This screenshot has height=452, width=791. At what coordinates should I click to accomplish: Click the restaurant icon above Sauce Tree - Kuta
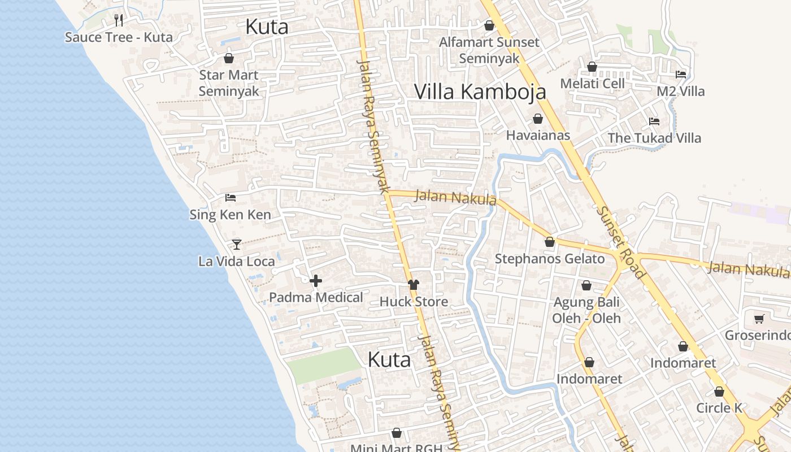pos(119,20)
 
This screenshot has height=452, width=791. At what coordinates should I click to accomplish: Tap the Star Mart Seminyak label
pos(229,83)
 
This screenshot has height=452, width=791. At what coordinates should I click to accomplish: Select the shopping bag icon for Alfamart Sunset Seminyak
pos(489,25)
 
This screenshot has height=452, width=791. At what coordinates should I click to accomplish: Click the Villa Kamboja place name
pos(480,92)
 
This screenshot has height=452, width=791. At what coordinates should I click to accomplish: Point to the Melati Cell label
pos(592,84)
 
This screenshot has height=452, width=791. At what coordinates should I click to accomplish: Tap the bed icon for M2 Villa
pos(681,75)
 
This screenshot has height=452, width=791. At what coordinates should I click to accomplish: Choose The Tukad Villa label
pos(654,138)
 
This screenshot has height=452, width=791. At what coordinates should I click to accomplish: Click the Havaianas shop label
pos(538,136)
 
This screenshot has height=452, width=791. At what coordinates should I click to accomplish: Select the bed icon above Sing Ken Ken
pos(231,198)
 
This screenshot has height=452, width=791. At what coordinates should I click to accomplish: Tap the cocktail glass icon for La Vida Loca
pos(237,244)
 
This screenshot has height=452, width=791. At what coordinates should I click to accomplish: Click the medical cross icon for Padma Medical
pos(316,281)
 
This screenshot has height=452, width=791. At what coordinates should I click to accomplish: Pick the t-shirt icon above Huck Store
pos(414,285)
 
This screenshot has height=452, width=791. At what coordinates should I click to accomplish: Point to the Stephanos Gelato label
pos(550,259)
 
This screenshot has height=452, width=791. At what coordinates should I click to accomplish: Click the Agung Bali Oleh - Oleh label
pos(586,310)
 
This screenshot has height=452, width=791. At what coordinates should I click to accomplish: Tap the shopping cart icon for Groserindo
pos(759,319)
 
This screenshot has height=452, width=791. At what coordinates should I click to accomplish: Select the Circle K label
pos(719,408)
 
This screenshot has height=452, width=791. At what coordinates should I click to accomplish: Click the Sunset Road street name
pos(621,242)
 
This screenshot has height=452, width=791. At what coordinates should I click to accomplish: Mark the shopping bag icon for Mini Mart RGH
pos(397,433)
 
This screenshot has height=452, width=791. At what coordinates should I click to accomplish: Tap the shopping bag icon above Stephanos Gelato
pos(550,242)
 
